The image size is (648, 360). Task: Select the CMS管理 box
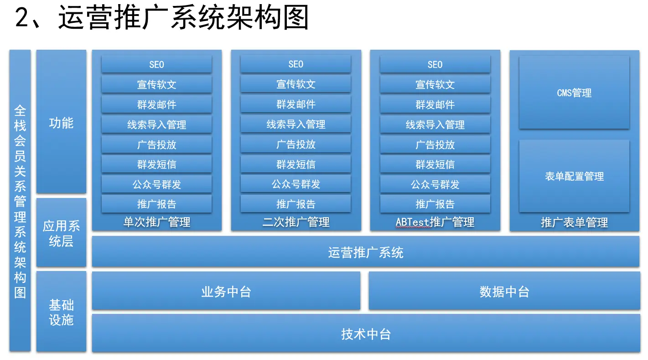point(574,92)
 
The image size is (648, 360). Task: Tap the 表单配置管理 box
point(574,176)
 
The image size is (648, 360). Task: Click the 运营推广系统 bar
point(366,251)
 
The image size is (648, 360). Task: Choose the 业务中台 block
point(226,291)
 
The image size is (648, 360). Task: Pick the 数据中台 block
point(504,291)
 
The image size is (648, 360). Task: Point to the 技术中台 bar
point(366,333)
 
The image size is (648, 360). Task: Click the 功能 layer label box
point(61,121)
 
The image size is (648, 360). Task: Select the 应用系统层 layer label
point(61,232)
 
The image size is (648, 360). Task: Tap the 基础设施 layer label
point(61,312)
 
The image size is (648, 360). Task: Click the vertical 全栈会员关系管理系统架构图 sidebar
point(20,201)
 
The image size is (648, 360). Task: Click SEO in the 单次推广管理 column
point(156,64)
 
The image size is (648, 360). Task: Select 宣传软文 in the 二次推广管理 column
point(295,84)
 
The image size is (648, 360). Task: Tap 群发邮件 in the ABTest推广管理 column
point(435,104)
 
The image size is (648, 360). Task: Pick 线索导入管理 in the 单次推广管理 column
point(156,125)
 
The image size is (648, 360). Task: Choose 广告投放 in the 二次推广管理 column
point(295,144)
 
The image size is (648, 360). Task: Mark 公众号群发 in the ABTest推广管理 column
point(435,184)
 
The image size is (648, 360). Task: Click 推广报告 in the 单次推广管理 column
point(156,204)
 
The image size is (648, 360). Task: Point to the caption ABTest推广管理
point(435,222)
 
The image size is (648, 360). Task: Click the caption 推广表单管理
point(574,222)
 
